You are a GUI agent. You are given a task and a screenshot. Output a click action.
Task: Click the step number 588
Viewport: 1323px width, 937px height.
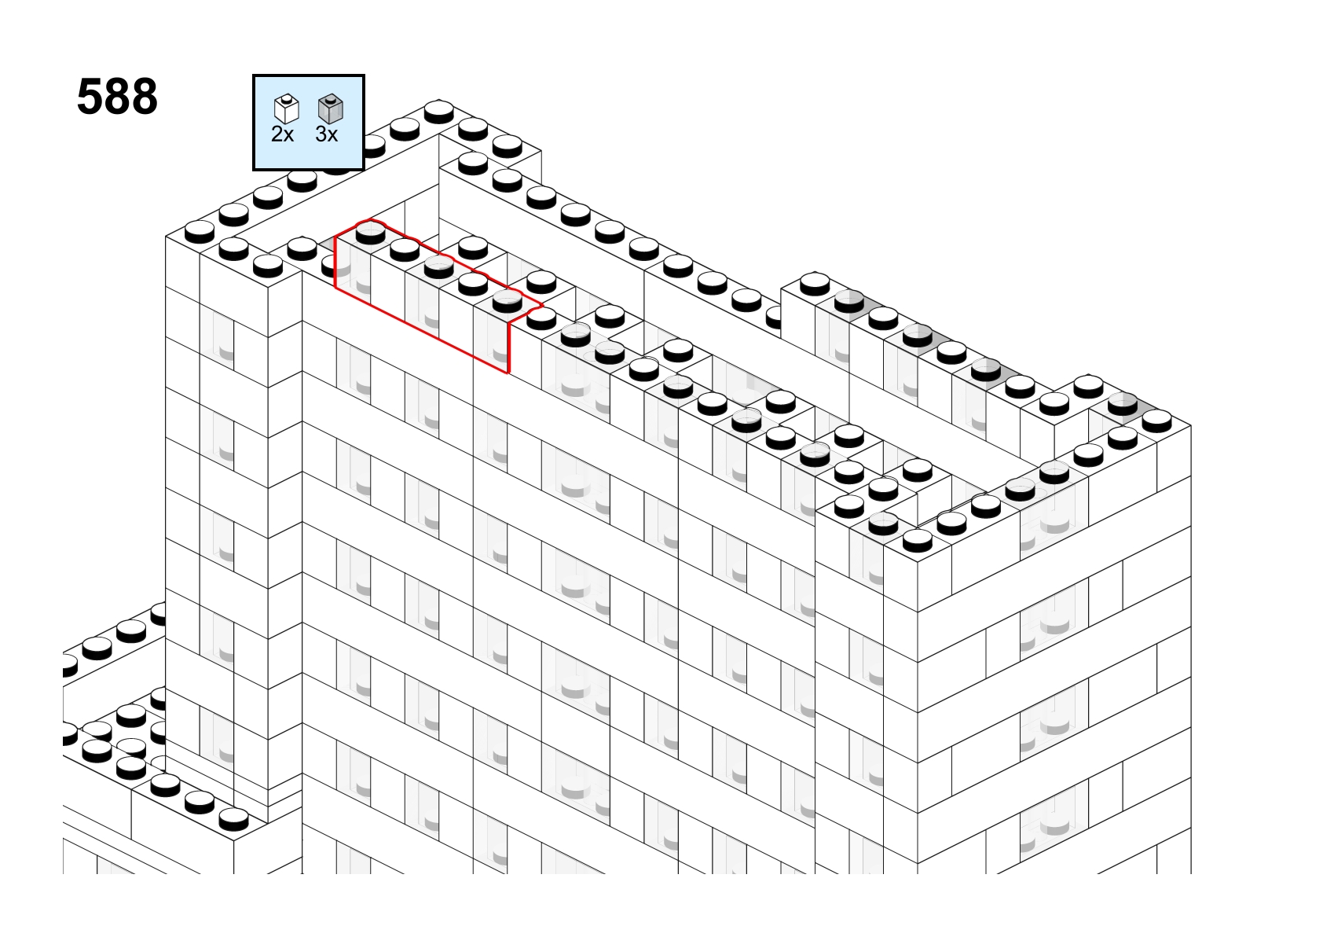point(117,97)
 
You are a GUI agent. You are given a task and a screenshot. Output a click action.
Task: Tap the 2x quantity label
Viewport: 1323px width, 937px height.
point(282,134)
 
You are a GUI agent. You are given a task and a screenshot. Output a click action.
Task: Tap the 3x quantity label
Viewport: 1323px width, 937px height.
point(327,134)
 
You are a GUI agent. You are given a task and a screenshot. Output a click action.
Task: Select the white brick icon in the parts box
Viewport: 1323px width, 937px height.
point(287,108)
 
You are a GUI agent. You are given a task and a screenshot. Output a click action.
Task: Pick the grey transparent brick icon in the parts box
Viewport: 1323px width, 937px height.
point(331,108)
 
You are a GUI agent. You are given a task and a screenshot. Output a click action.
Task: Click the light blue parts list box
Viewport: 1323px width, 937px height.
point(308,123)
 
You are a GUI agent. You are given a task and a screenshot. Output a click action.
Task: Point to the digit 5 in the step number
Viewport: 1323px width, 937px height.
point(90,97)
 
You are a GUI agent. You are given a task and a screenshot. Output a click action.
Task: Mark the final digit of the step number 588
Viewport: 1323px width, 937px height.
point(144,97)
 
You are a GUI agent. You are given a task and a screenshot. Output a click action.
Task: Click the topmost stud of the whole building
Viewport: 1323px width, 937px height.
point(439,111)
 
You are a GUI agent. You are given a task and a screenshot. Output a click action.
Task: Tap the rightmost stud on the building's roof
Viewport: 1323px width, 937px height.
point(1156,421)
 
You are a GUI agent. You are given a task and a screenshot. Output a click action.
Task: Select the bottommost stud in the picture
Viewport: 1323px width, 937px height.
point(233,819)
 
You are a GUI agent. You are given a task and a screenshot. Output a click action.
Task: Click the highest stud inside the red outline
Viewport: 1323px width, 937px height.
point(370,232)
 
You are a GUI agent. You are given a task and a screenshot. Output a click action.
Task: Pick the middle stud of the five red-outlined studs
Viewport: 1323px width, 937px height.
point(439,266)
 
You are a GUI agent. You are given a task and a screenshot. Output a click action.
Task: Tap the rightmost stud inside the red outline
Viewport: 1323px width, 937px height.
point(507,301)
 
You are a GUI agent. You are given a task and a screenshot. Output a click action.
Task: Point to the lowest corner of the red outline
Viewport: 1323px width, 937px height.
point(508,373)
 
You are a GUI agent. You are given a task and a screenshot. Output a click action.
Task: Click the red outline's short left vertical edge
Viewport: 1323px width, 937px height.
point(335,263)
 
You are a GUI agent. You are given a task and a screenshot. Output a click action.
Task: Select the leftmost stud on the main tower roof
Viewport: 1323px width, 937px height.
point(200,231)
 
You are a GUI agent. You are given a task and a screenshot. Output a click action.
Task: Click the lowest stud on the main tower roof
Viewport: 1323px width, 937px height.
point(918,540)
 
